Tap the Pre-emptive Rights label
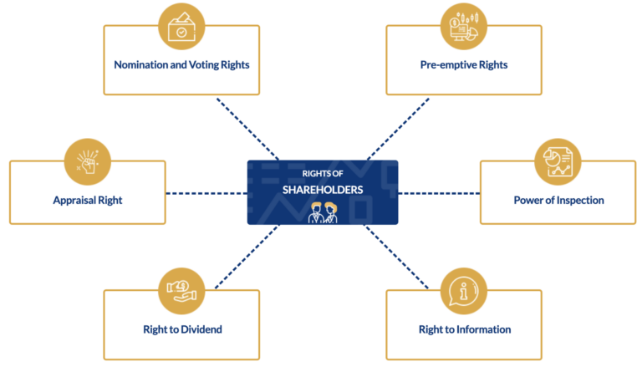click(464, 64)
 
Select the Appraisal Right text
click(88, 200)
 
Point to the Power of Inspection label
click(558, 200)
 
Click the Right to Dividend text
click(181, 329)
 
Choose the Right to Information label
click(464, 329)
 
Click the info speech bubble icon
click(464, 290)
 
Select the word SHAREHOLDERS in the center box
click(322, 190)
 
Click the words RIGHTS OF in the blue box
click(322, 174)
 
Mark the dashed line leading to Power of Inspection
click(439, 193)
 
